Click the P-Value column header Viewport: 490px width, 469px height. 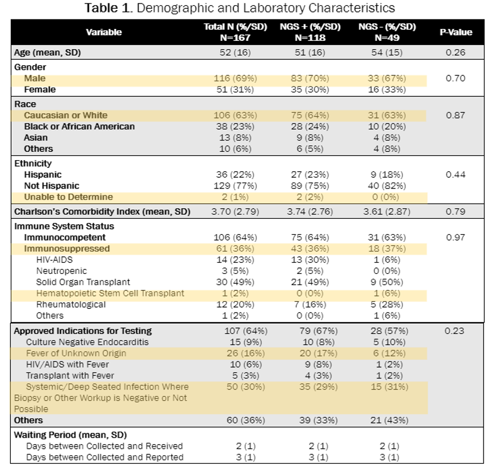[x=455, y=31]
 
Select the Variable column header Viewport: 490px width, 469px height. [x=104, y=32]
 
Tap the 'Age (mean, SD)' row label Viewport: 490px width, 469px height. [x=47, y=53]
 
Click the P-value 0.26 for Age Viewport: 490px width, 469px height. [x=455, y=53]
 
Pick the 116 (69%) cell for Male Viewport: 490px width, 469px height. [x=234, y=78]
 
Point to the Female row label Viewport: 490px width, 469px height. [x=40, y=90]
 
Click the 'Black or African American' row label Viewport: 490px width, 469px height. [x=79, y=126]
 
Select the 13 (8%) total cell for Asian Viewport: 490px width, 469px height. [x=234, y=138]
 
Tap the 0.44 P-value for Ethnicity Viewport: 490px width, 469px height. [x=455, y=174]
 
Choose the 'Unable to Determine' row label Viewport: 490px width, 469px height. [x=68, y=197]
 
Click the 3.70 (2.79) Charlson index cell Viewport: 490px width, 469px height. [x=234, y=212]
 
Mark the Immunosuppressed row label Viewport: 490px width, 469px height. [x=67, y=248]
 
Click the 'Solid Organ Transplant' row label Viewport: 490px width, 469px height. [x=83, y=282]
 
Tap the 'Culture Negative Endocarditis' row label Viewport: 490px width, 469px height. [x=87, y=342]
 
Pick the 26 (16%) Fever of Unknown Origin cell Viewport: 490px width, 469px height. [x=234, y=353]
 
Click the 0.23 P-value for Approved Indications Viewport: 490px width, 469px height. [x=455, y=331]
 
